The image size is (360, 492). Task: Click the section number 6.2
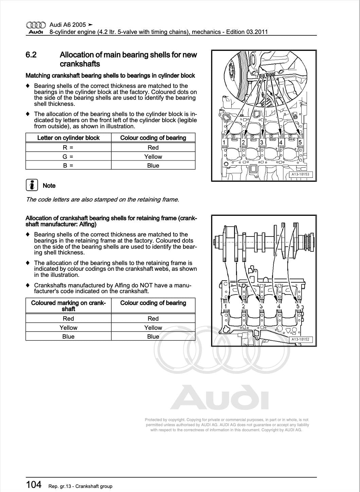click(x=31, y=55)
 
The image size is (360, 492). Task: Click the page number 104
click(x=34, y=485)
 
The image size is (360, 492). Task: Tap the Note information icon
click(x=32, y=185)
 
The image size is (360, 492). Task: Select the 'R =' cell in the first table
click(x=68, y=148)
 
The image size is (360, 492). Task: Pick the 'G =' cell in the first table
click(x=68, y=157)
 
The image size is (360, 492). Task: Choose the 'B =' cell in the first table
click(x=68, y=166)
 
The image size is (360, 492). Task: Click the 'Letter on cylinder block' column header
click(x=68, y=138)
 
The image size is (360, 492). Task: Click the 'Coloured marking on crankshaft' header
click(x=68, y=306)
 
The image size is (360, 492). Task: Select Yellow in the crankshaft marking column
click(x=68, y=328)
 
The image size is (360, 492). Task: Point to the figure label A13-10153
click(x=300, y=174)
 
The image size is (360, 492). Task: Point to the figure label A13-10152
click(x=300, y=339)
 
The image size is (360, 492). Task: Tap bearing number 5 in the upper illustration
click(x=300, y=142)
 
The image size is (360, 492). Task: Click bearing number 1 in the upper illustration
click(x=224, y=142)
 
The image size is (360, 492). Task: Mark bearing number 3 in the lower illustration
click(x=261, y=306)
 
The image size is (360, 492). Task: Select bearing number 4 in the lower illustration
click(x=279, y=306)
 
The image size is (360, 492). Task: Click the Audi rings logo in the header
click(x=36, y=25)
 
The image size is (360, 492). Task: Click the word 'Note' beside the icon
click(x=49, y=186)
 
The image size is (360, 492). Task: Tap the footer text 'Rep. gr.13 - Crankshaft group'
click(x=80, y=486)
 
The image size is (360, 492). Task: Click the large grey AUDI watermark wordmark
click(x=219, y=397)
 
